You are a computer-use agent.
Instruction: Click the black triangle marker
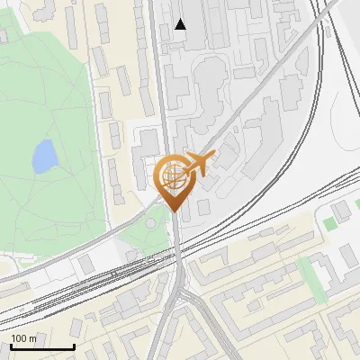pos(181,24)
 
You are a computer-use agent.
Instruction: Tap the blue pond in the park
pos(43,158)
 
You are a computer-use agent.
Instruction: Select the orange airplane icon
pos(200,164)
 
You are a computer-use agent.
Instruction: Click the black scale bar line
pos(41,347)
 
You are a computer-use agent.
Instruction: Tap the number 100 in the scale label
pos(19,339)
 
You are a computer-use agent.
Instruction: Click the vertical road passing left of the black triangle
pos(158,54)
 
